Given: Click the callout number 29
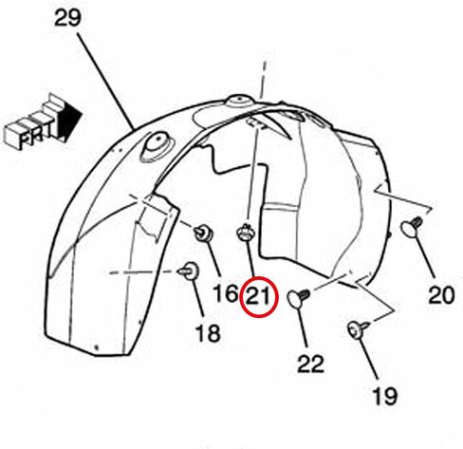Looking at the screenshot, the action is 67,18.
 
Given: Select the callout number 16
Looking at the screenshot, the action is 226,292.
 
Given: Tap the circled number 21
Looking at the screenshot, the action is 258,296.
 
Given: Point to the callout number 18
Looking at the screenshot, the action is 208,333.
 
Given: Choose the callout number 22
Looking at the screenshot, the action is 311,364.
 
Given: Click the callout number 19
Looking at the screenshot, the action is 385,396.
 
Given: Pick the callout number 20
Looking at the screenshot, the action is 441,295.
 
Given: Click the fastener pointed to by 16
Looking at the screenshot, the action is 204,234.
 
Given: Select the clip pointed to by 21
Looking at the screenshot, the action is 246,233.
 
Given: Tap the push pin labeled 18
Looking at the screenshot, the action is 189,271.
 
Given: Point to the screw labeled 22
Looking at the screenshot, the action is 299,298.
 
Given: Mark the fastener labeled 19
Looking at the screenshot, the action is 358,329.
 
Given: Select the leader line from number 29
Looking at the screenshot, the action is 105,82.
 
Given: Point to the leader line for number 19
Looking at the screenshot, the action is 368,359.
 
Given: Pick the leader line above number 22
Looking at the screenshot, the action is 303,327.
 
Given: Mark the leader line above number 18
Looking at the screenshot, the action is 198,298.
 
